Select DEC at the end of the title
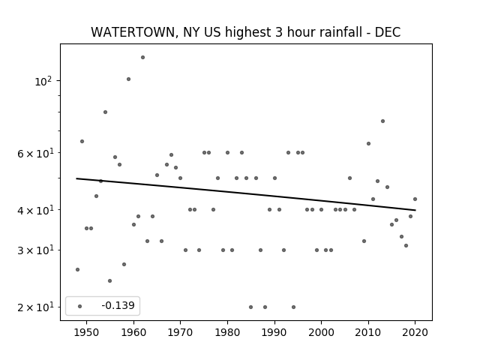388,32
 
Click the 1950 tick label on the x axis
87,332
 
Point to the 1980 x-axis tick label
227,332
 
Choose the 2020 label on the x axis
415,332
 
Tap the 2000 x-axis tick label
321,332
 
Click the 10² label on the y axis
43,82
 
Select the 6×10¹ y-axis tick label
35,153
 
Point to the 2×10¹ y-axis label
35,307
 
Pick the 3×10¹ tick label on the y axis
35,250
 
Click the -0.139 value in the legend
118,305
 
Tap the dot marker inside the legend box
80,306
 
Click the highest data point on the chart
142,57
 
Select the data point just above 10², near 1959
128,79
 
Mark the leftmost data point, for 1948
77,269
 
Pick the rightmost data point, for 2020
415,199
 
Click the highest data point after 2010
382,121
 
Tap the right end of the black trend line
415,210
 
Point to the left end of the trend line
76,178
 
